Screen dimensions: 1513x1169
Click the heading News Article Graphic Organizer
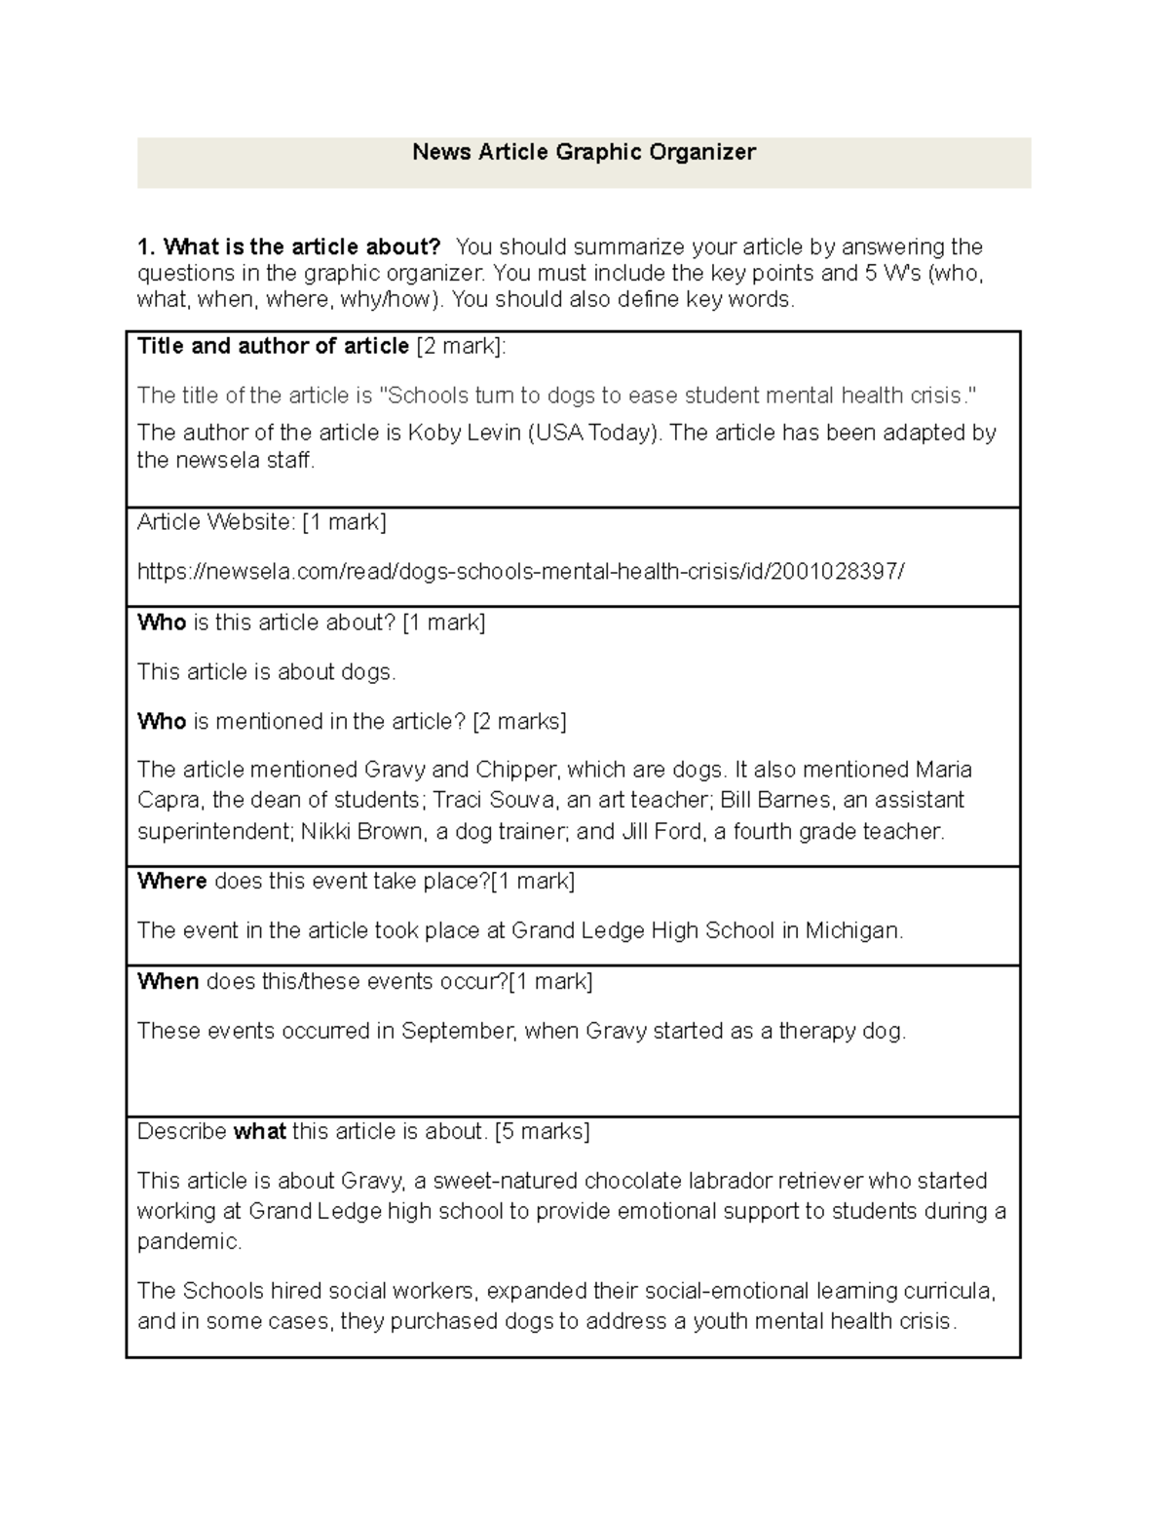pyautogui.click(x=584, y=152)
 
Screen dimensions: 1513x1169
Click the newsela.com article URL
pyautogui.click(x=520, y=572)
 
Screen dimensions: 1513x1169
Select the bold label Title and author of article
pyautogui.click(x=273, y=347)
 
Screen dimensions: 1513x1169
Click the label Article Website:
pyautogui.click(x=216, y=523)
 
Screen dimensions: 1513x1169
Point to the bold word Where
pyautogui.click(x=171, y=882)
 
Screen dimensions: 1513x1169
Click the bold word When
pyautogui.click(x=168, y=982)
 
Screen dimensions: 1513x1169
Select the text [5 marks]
pyautogui.click(x=542, y=1132)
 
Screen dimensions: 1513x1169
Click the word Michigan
pyautogui.click(x=853, y=931)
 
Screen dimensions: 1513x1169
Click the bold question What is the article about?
pyautogui.click(x=289, y=246)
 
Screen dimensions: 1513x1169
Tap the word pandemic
pyautogui.click(x=188, y=1242)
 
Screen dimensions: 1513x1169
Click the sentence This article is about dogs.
pyautogui.click(x=266, y=672)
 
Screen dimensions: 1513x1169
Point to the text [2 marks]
pyautogui.click(x=519, y=722)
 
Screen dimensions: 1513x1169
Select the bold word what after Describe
pyautogui.click(x=259, y=1132)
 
